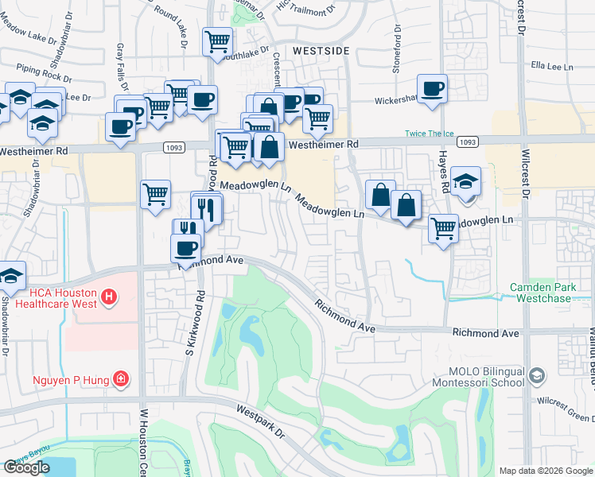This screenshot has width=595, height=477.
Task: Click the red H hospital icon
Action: pyautogui.click(x=109, y=299)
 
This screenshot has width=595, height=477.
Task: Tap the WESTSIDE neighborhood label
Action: pyautogui.click(x=321, y=51)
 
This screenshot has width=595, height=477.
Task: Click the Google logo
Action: pyautogui.click(x=27, y=467)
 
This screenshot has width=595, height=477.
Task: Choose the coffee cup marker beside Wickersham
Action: pyautogui.click(x=432, y=89)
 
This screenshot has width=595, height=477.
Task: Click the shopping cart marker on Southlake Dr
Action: pyautogui.click(x=217, y=41)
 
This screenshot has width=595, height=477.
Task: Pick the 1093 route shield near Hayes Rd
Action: pyautogui.click(x=469, y=142)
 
